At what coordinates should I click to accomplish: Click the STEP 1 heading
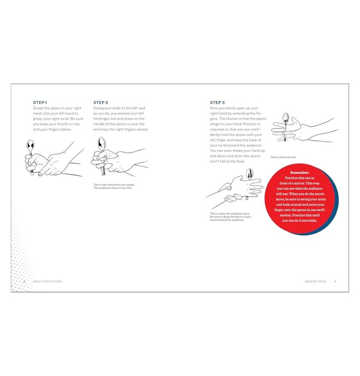pos(40,102)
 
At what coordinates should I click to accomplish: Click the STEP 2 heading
pos(100,102)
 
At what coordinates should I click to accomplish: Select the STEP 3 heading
pos(217,102)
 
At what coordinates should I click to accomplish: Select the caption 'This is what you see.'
pos(283,157)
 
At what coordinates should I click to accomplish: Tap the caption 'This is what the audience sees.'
pos(227,214)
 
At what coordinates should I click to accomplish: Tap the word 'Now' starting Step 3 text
pos(214,108)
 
